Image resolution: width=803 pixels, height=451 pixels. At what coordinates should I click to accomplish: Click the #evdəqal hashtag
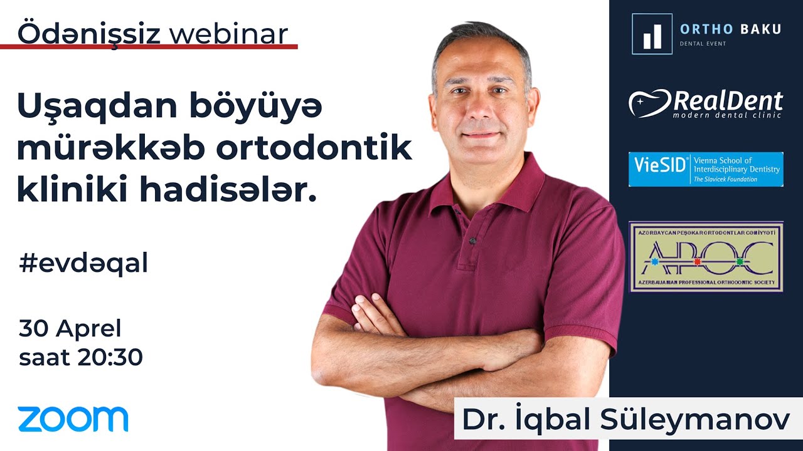(83, 264)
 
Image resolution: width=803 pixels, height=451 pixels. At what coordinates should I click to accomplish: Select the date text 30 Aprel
(70, 328)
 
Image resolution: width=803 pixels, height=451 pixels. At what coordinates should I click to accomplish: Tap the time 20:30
(110, 358)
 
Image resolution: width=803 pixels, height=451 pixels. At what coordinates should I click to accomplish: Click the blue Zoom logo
(73, 419)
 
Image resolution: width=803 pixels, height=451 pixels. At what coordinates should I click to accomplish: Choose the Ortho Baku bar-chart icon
(652, 34)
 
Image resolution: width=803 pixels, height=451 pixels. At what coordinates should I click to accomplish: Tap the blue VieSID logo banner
(706, 169)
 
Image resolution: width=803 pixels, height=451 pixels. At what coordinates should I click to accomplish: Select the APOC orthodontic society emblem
(706, 257)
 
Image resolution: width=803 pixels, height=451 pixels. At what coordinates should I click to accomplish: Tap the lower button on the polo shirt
(472, 241)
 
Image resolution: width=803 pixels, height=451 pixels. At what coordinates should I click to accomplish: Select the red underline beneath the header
(149, 46)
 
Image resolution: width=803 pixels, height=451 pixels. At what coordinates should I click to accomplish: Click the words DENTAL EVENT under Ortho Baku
(703, 44)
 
